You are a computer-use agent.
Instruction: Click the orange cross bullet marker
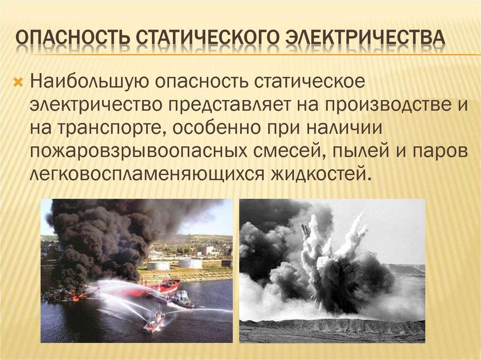19,81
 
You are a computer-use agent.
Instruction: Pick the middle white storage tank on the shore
190,264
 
